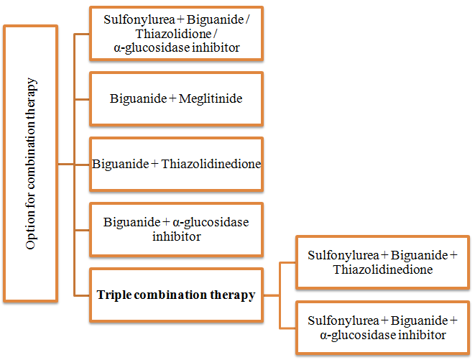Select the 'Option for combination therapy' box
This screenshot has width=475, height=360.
31,163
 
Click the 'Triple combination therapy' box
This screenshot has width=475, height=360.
176,295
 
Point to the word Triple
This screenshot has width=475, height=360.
114,295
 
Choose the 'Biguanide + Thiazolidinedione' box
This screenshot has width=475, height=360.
176,164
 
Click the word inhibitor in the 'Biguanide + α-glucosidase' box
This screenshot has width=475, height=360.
176,236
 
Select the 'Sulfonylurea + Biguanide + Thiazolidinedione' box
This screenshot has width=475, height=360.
382,262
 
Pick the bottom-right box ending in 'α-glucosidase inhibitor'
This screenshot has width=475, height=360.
382,328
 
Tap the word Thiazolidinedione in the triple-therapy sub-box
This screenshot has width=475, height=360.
382,269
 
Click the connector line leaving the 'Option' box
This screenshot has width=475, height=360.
66,164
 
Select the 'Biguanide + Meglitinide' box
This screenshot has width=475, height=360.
176,98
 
